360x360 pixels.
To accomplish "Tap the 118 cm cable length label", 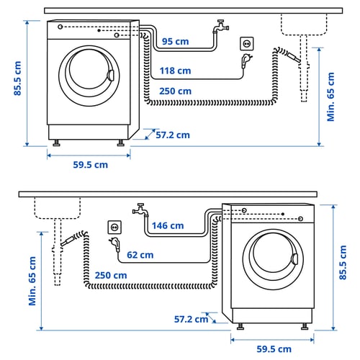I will (x=176, y=71).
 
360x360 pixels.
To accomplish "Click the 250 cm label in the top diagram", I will (x=176, y=91).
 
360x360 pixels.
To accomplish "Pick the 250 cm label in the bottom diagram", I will (x=109, y=275).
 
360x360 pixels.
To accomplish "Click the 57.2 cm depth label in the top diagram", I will (x=172, y=135).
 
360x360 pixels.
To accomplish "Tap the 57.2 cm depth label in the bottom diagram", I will (x=191, y=318).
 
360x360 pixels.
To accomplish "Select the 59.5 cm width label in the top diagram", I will (x=90, y=164).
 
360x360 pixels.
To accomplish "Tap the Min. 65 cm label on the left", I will (x=32, y=280).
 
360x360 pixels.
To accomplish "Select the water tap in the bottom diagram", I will (x=140, y=210).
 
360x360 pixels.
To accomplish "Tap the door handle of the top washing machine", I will (x=110, y=75).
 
